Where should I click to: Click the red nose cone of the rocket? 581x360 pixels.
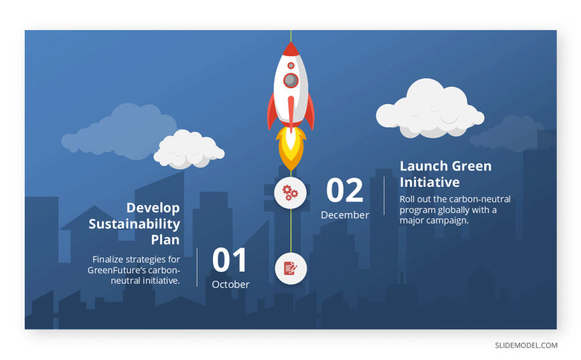291,49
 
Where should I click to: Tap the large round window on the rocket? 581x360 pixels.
291,80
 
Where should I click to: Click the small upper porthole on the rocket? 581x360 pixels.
291,65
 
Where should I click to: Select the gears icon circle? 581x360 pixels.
290,193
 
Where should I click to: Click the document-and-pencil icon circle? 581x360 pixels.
291,268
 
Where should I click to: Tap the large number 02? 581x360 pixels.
344,190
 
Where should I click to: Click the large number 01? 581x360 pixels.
229,260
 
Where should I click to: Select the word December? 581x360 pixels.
345,215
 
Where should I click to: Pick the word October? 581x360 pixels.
230,285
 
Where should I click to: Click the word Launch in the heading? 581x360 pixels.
423,166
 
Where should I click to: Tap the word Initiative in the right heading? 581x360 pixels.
429,182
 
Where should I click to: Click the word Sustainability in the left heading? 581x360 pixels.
134,224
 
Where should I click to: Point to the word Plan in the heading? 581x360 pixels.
165,240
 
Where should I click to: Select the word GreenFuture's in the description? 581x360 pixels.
117,270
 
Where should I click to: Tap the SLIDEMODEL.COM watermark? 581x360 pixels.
526,345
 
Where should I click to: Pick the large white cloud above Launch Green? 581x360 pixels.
430,109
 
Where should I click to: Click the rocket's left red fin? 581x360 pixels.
272,111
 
